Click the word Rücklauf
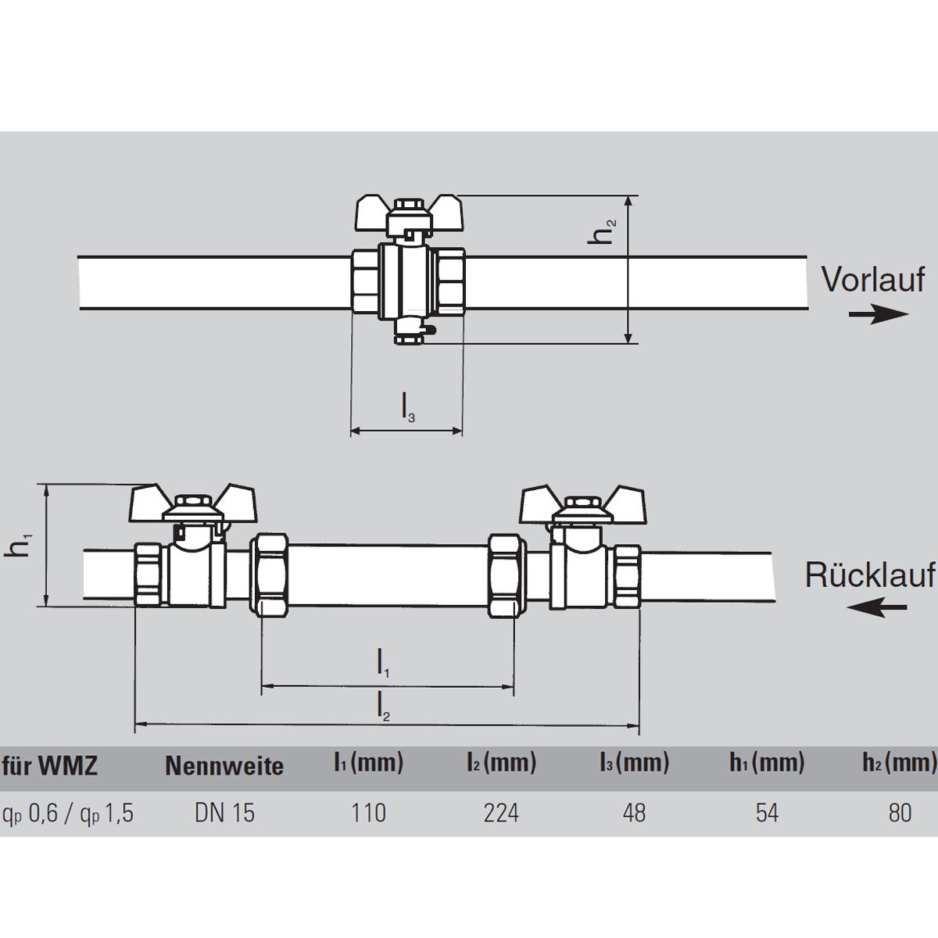pyautogui.click(x=870, y=575)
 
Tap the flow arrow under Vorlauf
pyautogui.click(x=879, y=314)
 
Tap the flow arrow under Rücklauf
pyautogui.click(x=877, y=607)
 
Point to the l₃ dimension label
pyautogui.click(x=408, y=407)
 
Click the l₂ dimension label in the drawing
pyautogui.click(x=384, y=707)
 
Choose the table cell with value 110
pyautogui.click(x=368, y=814)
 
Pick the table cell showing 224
pyautogui.click(x=501, y=814)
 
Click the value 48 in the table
pyautogui.click(x=634, y=814)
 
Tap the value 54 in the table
pyautogui.click(x=767, y=814)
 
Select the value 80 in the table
pyautogui.click(x=900, y=814)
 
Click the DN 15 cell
pyautogui.click(x=224, y=814)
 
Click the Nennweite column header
pyautogui.click(x=224, y=766)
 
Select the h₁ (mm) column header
pyautogui.click(x=767, y=763)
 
